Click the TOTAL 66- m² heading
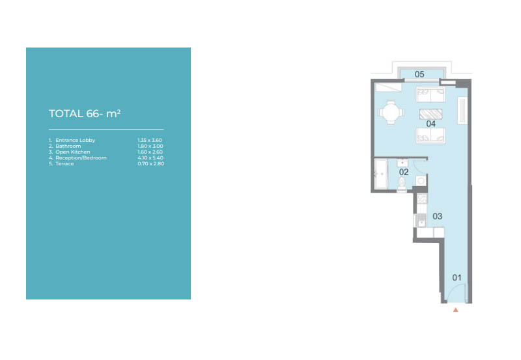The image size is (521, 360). click(x=85, y=113)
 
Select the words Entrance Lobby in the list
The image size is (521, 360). click(x=76, y=140)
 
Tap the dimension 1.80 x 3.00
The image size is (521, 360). click(x=150, y=146)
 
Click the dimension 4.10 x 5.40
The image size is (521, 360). click(x=150, y=158)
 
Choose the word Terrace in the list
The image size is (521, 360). click(x=64, y=164)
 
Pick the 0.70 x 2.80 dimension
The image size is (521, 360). click(x=151, y=164)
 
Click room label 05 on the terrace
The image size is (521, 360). click(x=419, y=74)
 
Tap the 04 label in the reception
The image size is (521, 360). click(x=430, y=124)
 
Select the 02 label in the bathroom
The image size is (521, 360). click(x=404, y=172)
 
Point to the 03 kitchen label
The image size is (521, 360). click(x=437, y=216)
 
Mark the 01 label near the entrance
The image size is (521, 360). click(x=457, y=277)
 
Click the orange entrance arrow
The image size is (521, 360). click(x=455, y=310)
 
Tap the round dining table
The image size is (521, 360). click(x=391, y=113)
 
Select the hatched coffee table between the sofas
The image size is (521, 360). click(x=430, y=114)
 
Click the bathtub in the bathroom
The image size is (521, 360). click(x=381, y=174)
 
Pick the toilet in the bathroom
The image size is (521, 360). click(x=402, y=184)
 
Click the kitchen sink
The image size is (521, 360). click(x=421, y=221)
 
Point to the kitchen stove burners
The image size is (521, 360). click(x=422, y=199)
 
